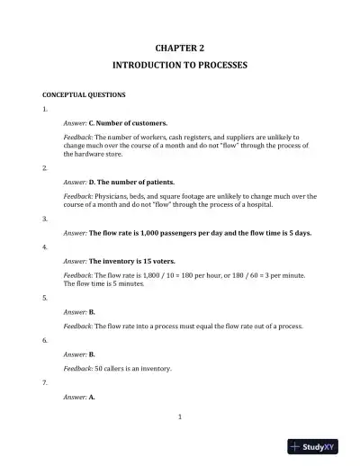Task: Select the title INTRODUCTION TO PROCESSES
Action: click(x=180, y=66)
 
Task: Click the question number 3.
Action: click(x=45, y=219)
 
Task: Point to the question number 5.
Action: click(x=45, y=296)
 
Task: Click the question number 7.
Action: click(x=45, y=382)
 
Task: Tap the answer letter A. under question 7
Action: click(x=92, y=397)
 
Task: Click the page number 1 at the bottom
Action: click(x=180, y=416)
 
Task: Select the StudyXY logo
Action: click(x=319, y=446)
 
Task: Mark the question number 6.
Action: click(x=45, y=341)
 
